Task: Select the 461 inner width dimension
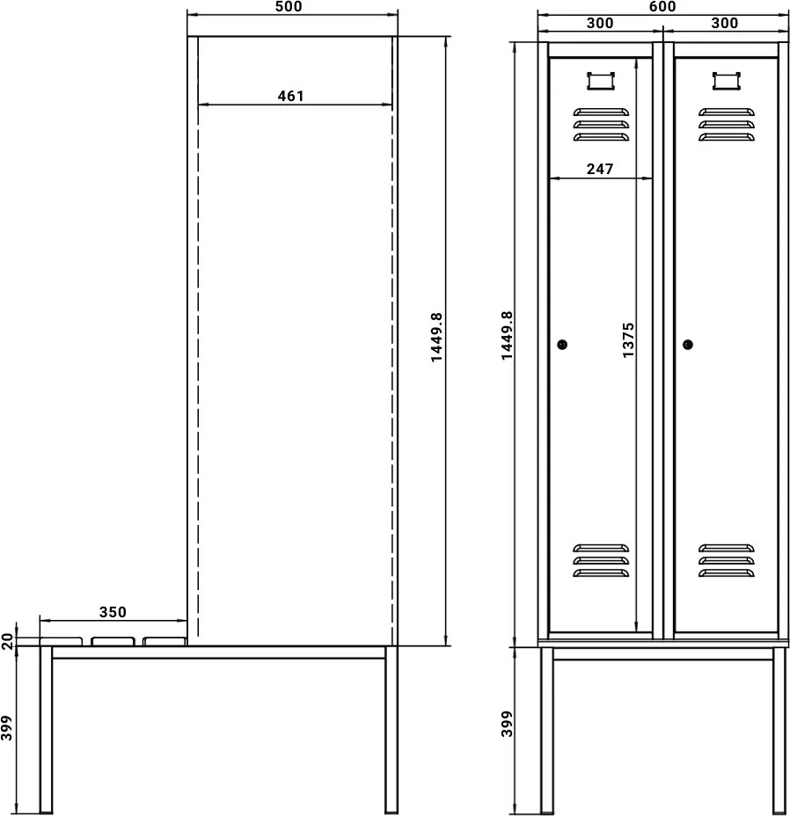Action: click(290, 96)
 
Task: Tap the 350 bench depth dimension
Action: click(113, 612)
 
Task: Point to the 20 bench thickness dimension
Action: click(7, 640)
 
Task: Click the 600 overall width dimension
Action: click(662, 7)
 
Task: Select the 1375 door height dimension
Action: click(627, 339)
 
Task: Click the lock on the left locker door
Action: click(563, 345)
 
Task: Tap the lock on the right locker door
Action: click(687, 345)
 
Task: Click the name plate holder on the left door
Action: click(601, 80)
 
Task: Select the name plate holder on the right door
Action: click(727, 80)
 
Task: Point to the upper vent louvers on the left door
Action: click(601, 124)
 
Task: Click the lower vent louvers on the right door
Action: click(727, 560)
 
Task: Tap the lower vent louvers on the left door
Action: click(601, 560)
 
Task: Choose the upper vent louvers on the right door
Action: click(727, 124)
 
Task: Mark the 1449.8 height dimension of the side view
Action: click(437, 339)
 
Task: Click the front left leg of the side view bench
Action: click(46, 730)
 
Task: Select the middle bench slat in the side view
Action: click(111, 641)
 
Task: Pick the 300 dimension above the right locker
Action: click(724, 24)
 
